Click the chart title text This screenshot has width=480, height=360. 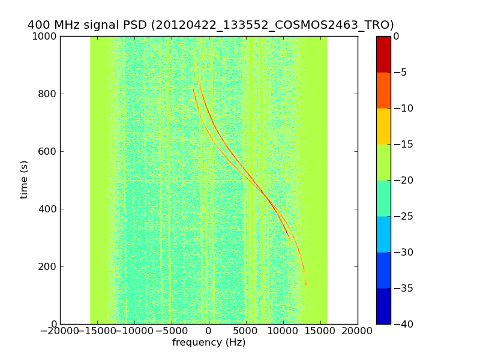(211, 25)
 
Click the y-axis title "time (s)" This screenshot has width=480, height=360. (25, 179)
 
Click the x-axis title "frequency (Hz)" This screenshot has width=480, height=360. (209, 343)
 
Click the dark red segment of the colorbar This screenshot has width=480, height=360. (383, 54)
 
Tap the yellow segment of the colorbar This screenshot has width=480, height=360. (383, 126)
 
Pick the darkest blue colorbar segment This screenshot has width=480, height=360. (383, 306)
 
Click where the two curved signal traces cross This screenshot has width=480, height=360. (262, 192)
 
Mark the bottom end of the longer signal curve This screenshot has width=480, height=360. (306, 285)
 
